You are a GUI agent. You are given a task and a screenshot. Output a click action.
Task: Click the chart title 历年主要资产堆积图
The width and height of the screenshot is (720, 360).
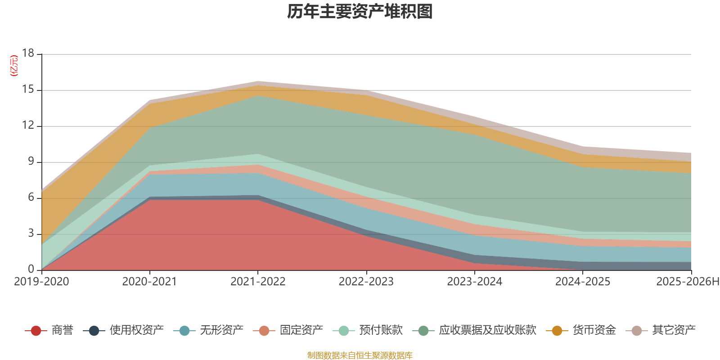(360, 12)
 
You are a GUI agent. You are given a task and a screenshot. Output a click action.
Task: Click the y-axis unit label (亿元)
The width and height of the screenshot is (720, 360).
(14, 66)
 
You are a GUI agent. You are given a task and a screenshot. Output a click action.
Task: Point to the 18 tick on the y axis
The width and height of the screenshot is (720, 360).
(28, 53)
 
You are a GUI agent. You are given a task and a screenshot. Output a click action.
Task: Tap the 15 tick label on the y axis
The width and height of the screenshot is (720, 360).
(28, 90)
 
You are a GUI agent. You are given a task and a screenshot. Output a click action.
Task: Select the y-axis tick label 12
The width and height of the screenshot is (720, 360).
(28, 126)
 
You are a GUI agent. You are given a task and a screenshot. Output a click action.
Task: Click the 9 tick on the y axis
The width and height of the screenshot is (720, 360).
(31, 162)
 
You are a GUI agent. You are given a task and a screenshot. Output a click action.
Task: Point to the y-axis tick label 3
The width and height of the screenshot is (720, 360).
(31, 234)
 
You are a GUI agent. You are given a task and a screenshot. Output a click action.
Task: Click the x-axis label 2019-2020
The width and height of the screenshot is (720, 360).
(41, 282)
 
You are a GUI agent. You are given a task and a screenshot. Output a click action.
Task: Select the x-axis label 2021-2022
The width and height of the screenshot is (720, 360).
(258, 282)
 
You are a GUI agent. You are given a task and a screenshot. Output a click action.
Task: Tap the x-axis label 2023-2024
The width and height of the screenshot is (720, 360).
(474, 282)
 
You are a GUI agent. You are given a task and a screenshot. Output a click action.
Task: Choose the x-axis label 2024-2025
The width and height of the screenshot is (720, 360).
(582, 282)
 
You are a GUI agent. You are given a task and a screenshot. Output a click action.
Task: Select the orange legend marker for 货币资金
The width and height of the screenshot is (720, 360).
(557, 331)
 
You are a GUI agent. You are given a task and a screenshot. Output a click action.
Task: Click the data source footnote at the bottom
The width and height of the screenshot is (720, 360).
(360, 355)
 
